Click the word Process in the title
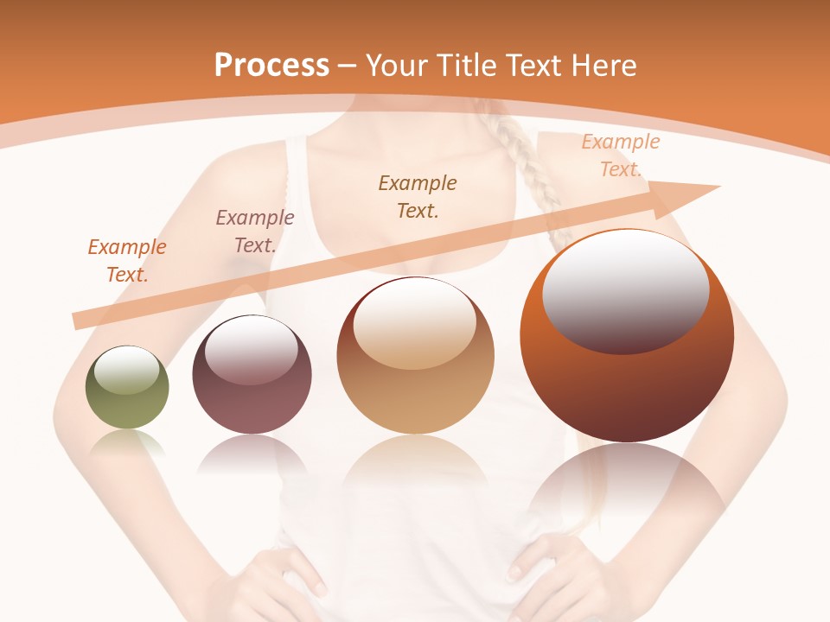(271, 66)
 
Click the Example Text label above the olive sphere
(127, 260)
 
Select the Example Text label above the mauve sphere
(255, 231)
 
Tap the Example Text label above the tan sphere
(418, 196)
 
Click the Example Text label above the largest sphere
(621, 155)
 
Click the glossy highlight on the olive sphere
(126, 369)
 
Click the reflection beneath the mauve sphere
(252, 454)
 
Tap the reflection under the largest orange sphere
(627, 484)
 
